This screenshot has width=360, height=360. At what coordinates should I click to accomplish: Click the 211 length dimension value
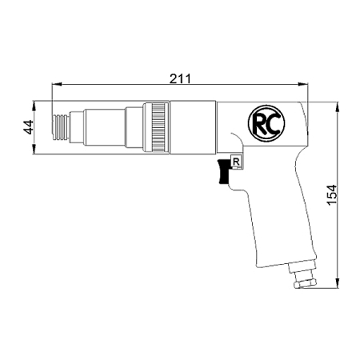(x=180, y=78)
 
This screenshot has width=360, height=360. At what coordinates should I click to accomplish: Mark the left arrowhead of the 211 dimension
(x=54, y=84)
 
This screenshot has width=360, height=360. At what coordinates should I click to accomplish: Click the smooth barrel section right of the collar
(x=192, y=126)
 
